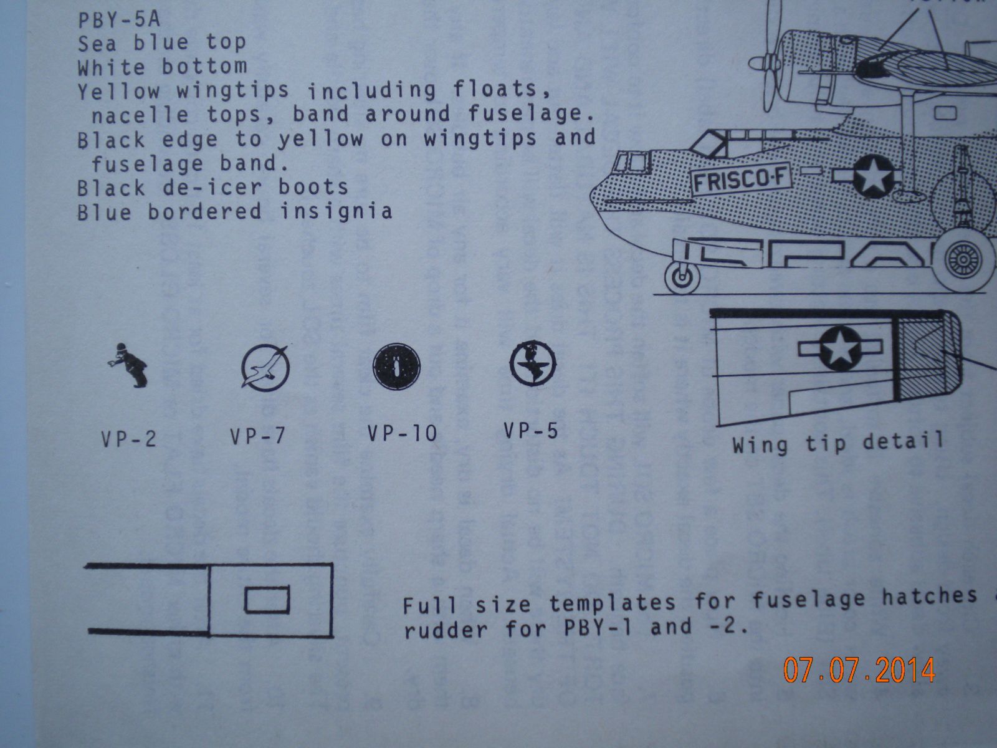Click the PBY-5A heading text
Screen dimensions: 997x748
(119, 19)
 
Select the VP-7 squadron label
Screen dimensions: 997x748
(257, 436)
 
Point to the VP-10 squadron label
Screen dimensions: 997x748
(402, 433)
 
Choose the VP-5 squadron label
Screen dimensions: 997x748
(531, 430)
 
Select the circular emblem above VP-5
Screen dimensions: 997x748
(533, 363)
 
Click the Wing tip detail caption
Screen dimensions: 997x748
(838, 444)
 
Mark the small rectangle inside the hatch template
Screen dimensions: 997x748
(267, 600)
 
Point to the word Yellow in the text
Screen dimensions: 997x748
(118, 91)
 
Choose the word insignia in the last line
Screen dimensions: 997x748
(336, 211)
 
